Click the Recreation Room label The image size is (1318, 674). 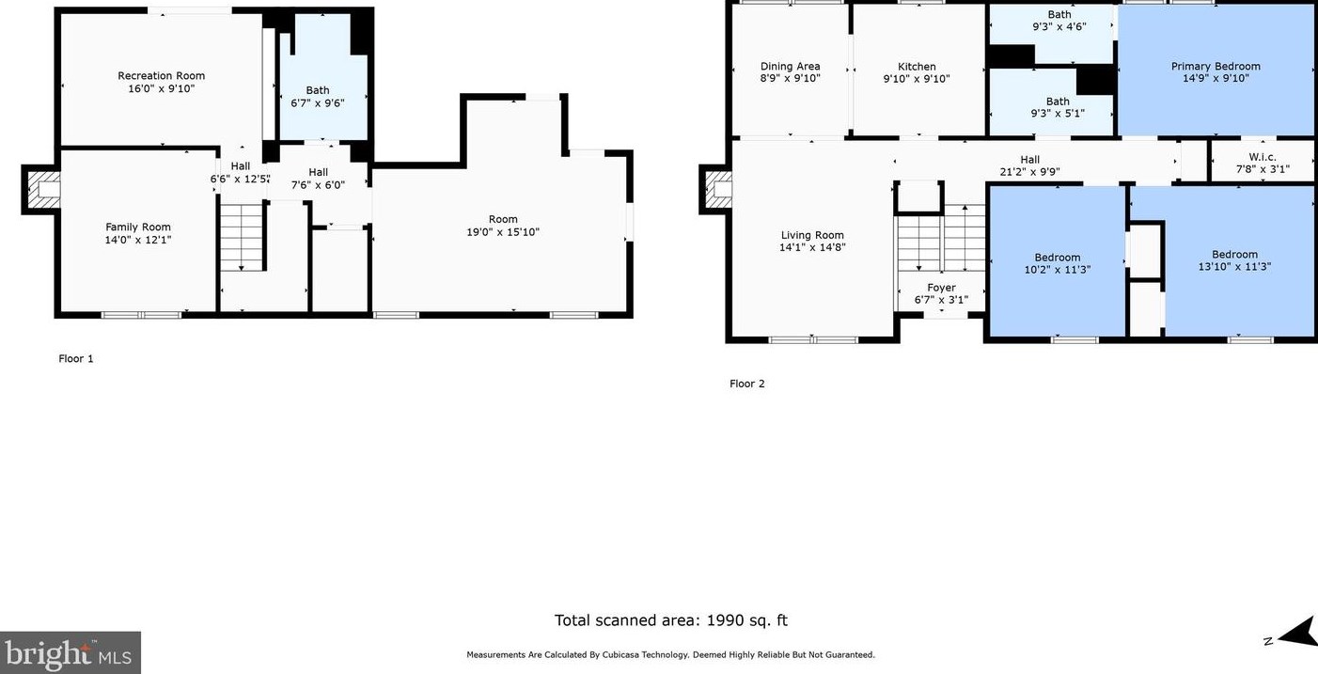click(x=161, y=76)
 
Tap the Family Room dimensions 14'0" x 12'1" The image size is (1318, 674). click(x=138, y=240)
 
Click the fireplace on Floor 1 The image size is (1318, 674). click(x=41, y=189)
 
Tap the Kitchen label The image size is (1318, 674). click(x=917, y=67)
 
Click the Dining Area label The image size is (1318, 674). click(x=791, y=67)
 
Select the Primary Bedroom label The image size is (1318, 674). click(x=1216, y=67)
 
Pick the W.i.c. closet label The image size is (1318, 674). click(x=1263, y=157)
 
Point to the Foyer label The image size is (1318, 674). click(x=941, y=288)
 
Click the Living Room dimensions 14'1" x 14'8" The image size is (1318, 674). click(x=812, y=247)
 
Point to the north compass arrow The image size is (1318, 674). click(x=1296, y=635)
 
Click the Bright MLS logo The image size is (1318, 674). click(x=70, y=652)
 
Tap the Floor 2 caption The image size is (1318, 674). click(x=747, y=384)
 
